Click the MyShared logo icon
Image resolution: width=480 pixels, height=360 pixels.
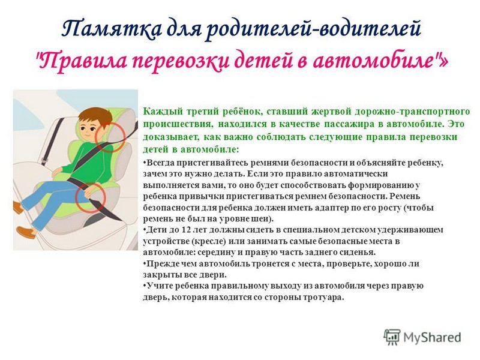pyautogui.click(x=392, y=337)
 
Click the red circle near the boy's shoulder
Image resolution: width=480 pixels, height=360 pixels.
pyautogui.click(x=110, y=137)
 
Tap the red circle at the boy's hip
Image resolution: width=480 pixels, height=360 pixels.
pyautogui.click(x=91, y=197)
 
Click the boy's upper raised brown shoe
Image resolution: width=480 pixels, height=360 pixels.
pyautogui.click(x=19, y=208)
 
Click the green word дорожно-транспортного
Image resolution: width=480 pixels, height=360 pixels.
pyautogui.click(x=412, y=112)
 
